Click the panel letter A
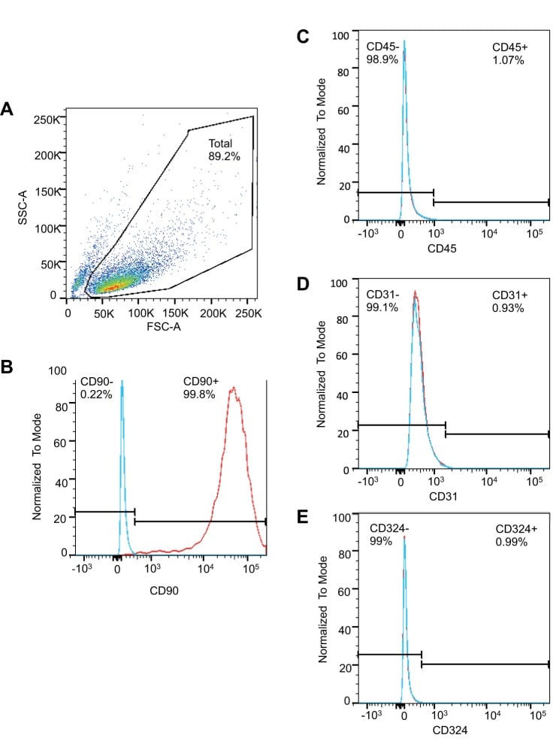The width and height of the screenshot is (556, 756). click(8, 109)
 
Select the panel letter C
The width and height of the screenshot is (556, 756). click(304, 36)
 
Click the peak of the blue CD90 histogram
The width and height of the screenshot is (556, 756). click(122, 381)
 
